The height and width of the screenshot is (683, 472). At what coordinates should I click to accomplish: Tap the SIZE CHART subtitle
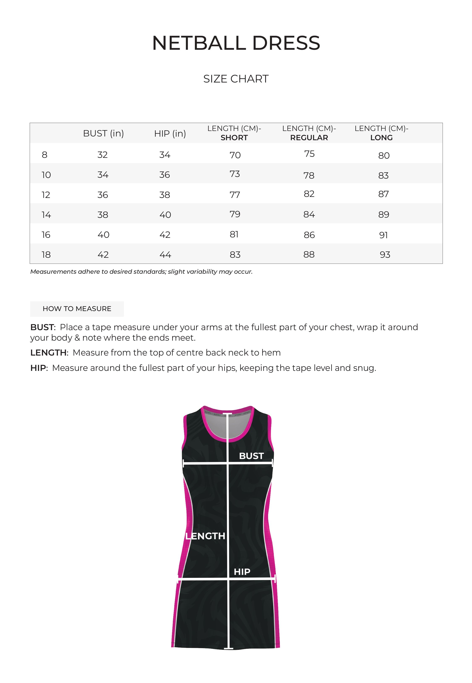tap(236, 79)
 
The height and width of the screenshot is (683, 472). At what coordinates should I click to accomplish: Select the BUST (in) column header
tap(103, 133)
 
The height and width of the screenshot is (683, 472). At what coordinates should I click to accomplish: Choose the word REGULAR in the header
tap(309, 138)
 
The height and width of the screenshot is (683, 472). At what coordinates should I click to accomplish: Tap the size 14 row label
tap(46, 215)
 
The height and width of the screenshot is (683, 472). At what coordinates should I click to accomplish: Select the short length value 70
tap(235, 155)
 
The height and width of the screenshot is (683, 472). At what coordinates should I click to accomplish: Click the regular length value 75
tap(309, 154)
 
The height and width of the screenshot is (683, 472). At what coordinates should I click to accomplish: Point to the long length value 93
tap(385, 255)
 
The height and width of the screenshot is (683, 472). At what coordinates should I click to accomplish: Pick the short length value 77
tap(235, 195)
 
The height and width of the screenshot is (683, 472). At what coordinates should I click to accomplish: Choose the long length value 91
tap(383, 235)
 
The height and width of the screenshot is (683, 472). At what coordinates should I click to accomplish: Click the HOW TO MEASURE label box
tap(77, 309)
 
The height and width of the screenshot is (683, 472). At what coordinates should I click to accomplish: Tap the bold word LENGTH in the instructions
tap(48, 353)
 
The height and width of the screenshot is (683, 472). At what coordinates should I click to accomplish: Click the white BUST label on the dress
tap(251, 456)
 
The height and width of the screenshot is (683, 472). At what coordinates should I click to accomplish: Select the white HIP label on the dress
tap(242, 572)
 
